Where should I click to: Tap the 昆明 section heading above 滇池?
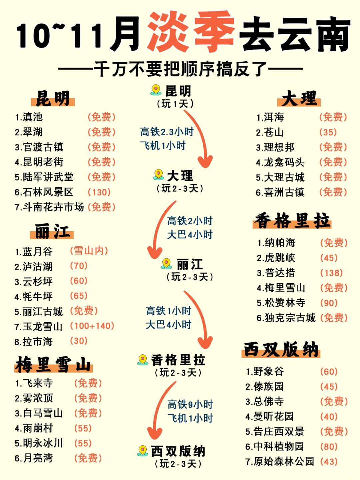[53, 98]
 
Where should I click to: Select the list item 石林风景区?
[44, 192]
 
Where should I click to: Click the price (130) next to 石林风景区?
[99, 192]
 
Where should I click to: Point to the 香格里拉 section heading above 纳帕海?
[292, 221]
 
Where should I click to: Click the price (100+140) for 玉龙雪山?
[92, 326]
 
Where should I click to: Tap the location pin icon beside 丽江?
[166, 264]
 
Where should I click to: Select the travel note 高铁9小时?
[190, 404]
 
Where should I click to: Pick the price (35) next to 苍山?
[328, 132]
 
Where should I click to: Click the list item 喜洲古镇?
[280, 192]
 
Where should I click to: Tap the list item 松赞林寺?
[281, 303]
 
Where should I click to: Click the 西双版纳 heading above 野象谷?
[281, 350]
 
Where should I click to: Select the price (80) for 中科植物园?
[329, 446]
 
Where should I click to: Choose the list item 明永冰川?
[39, 443]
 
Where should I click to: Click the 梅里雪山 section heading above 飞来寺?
[53, 364]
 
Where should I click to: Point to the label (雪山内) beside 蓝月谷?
[89, 251]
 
